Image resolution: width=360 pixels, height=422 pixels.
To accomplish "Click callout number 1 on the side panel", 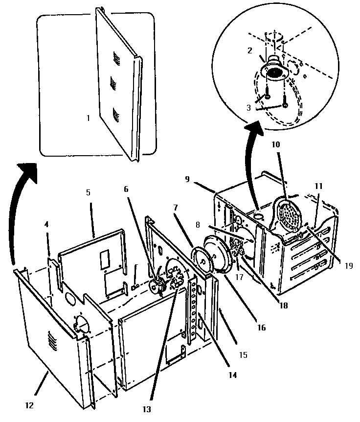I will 88,118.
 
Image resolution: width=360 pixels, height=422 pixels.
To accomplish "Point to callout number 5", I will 88,192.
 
